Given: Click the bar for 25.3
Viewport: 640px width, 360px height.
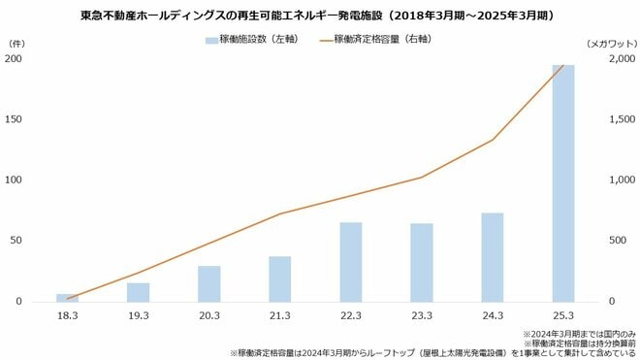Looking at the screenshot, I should pyautogui.click(x=562, y=184).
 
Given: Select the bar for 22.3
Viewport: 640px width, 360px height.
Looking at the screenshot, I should pyautogui.click(x=350, y=262).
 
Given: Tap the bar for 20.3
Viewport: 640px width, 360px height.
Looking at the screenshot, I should pyautogui.click(x=209, y=283).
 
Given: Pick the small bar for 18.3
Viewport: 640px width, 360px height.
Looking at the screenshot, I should pyautogui.click(x=67, y=297).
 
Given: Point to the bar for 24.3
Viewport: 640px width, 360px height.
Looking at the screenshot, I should pyautogui.click(x=492, y=257).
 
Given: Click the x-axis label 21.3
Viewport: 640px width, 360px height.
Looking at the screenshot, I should pyautogui.click(x=279, y=316).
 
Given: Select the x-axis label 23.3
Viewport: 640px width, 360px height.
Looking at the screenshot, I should pyautogui.click(x=421, y=316).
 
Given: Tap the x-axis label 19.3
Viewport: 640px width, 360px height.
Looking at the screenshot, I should pyautogui.click(x=138, y=316).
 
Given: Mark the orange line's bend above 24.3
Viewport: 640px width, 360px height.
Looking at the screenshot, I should pyautogui.click(x=492, y=140).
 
